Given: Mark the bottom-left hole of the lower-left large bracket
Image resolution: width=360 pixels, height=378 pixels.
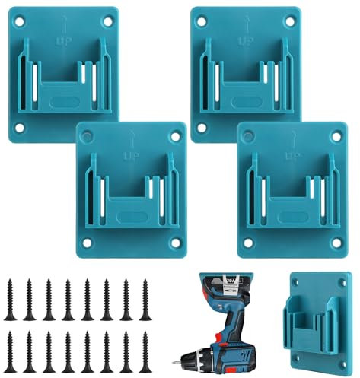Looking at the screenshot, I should (x=87, y=244).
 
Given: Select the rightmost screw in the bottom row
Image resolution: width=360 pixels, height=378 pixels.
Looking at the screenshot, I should (x=145, y=351).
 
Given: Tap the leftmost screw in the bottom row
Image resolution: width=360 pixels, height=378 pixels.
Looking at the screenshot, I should (x=11, y=351).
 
